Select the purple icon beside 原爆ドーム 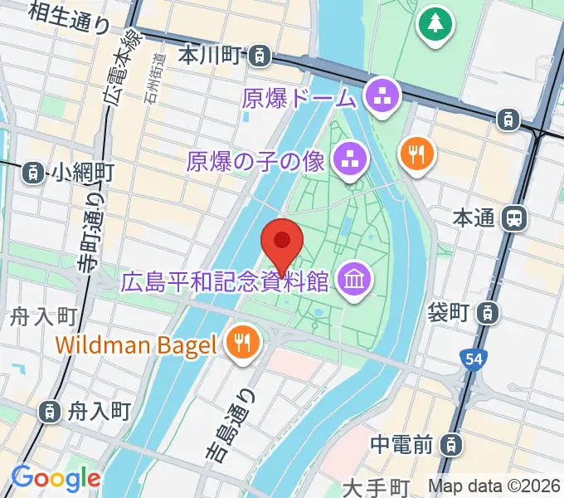[384, 97]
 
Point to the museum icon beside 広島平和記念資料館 [354, 281]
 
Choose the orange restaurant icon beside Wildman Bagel [242, 344]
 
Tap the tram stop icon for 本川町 [260, 56]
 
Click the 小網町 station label [81, 173]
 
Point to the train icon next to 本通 [515, 218]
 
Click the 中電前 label [401, 445]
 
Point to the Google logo [55, 478]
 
